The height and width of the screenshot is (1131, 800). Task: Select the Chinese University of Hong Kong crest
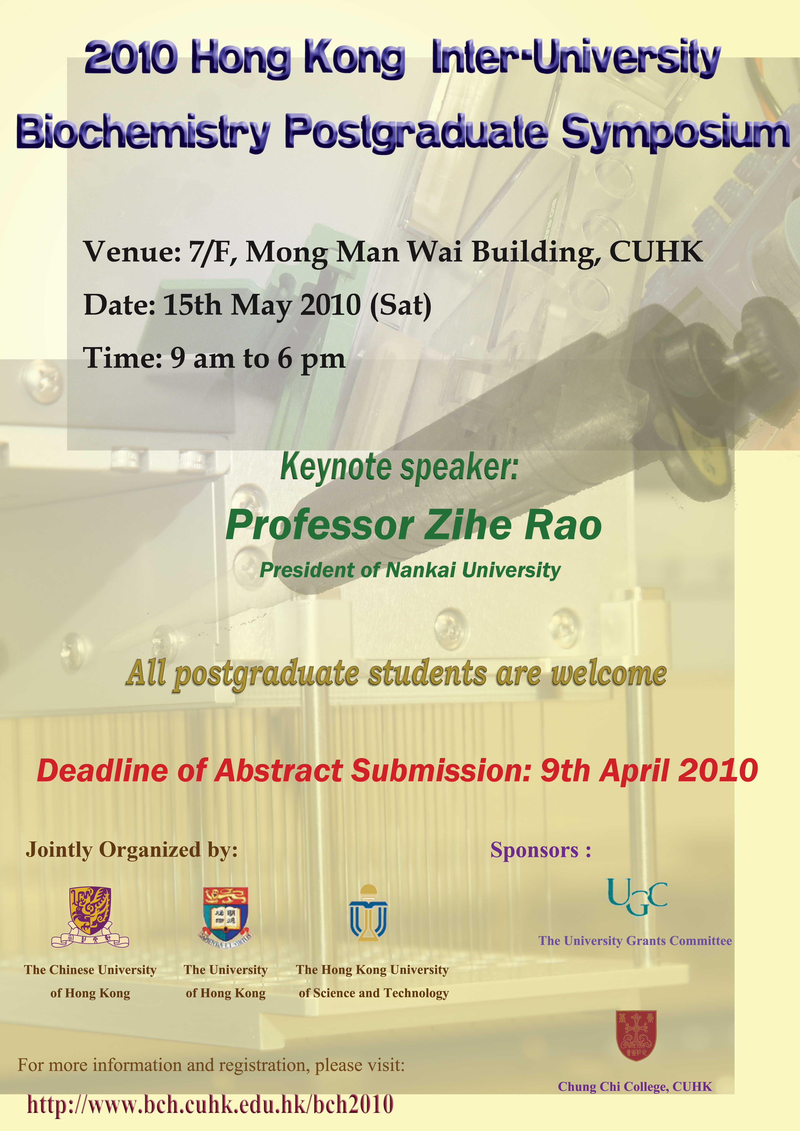click(x=90, y=917)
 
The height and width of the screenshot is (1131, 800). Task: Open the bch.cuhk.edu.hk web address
click(x=210, y=1105)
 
